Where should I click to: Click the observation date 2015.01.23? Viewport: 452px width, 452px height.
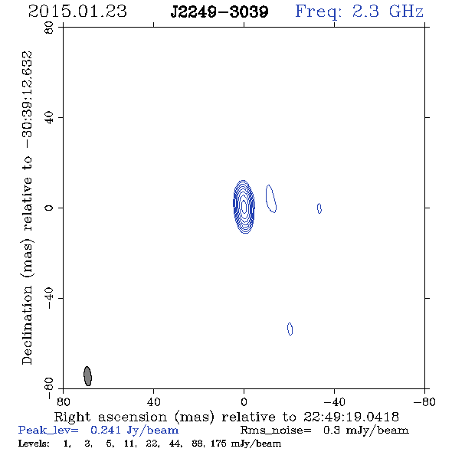(x=77, y=11)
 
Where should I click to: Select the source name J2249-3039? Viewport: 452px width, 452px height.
(x=219, y=12)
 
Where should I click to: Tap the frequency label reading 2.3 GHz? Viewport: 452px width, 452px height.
(x=388, y=11)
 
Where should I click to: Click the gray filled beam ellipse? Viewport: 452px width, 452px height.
(x=87, y=376)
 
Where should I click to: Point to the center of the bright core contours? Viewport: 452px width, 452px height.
(x=244, y=207)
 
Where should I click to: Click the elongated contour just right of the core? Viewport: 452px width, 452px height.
(x=271, y=199)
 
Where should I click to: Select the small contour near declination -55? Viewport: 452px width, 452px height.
(x=290, y=329)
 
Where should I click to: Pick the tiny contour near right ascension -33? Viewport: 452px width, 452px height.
(x=319, y=208)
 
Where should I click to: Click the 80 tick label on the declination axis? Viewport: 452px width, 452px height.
(x=49, y=28)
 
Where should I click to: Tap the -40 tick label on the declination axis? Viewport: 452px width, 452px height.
(x=49, y=298)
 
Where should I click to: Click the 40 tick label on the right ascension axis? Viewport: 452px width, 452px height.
(x=154, y=401)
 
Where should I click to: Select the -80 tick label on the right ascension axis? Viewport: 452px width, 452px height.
(x=424, y=401)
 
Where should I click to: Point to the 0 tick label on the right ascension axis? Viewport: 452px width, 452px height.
(x=244, y=401)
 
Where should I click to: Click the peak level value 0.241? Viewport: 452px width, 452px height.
(x=106, y=430)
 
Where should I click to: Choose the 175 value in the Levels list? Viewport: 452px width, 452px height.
(x=218, y=443)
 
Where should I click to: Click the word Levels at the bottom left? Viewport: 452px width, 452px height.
(x=34, y=443)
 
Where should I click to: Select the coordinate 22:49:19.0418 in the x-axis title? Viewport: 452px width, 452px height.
(x=351, y=417)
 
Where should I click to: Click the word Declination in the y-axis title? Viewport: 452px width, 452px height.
(x=27, y=325)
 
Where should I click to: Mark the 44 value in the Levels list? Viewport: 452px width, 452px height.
(x=176, y=443)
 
